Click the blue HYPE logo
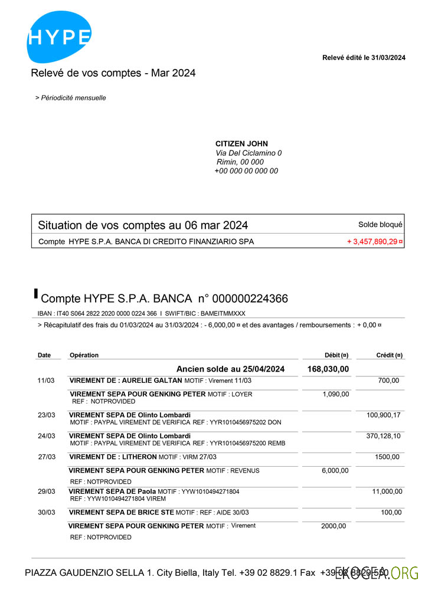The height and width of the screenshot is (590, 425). tap(59, 37)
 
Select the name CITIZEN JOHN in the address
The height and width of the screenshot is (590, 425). tap(241, 143)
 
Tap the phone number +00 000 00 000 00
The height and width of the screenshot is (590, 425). tap(246, 171)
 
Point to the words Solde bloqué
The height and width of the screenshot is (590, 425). tap(380, 224)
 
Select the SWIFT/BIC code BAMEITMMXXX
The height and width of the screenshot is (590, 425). tap(224, 313)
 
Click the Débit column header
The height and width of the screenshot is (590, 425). tap(336, 355)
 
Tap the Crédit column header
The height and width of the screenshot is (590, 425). tap(389, 355)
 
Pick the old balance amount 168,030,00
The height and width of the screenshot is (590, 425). tap(328, 369)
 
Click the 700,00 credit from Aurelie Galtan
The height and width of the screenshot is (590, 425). tap(388, 381)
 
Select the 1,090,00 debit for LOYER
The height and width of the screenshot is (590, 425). tap(336, 394)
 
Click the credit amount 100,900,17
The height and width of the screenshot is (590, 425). tap(384, 415)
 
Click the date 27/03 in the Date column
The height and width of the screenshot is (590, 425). tap(46, 457)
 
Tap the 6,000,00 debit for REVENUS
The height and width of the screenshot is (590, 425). tap(336, 470)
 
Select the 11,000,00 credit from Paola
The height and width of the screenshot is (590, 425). tap(387, 491)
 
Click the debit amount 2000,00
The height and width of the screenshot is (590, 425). tap(334, 526)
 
